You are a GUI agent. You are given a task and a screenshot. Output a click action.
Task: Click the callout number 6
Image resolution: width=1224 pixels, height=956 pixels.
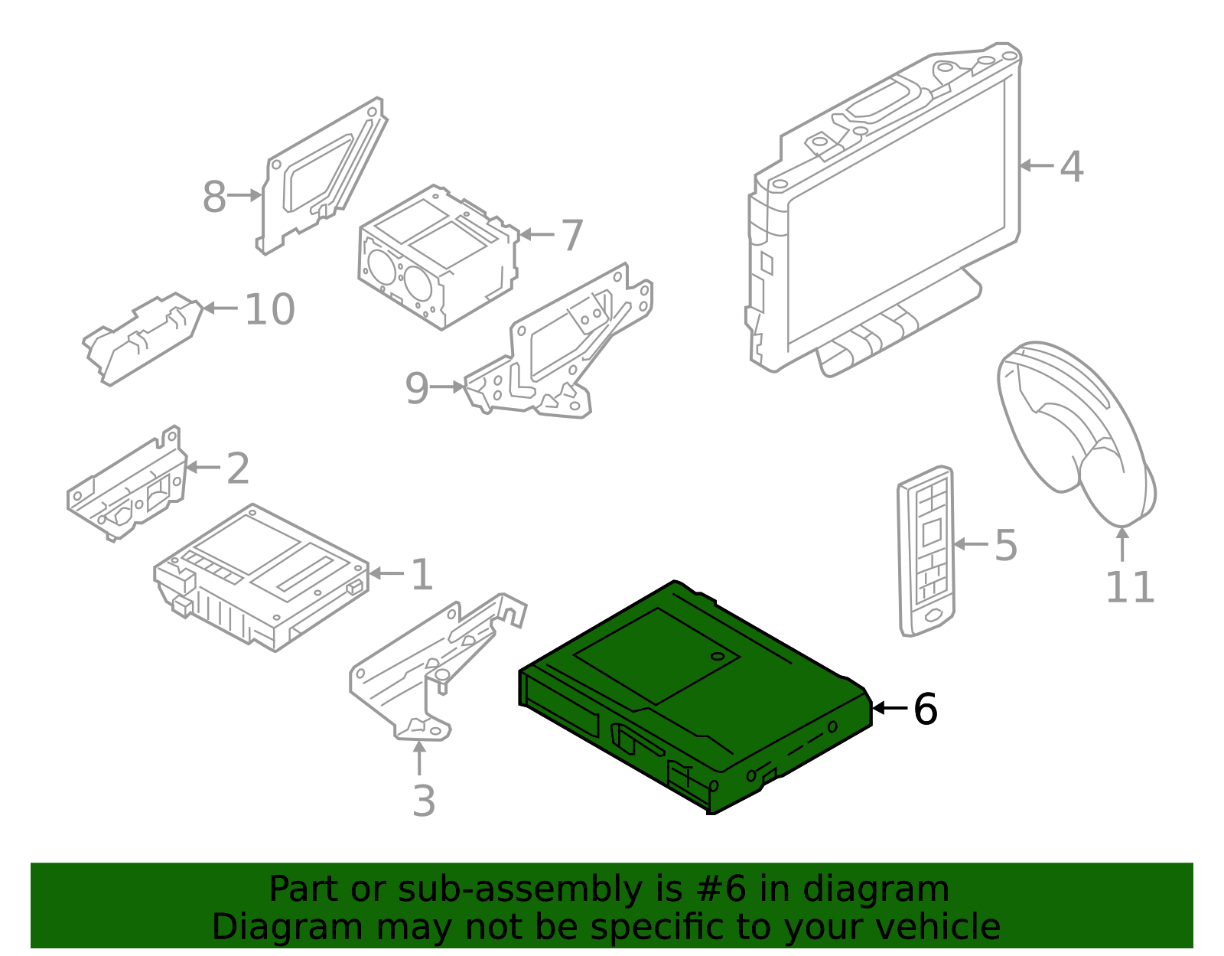(925, 709)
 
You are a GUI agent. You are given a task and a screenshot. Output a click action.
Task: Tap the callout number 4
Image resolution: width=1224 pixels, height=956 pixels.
(1071, 166)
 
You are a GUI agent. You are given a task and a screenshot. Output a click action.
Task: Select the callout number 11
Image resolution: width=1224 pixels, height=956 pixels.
(1129, 588)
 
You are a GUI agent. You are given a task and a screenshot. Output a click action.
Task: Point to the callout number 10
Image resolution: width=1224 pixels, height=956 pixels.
(269, 309)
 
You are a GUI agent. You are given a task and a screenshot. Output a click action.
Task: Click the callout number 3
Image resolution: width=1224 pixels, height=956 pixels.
(423, 801)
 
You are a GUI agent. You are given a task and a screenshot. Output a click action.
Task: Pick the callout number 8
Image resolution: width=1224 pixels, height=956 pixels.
(214, 197)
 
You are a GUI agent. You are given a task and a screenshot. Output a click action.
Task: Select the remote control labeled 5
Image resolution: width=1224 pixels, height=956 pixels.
(926, 551)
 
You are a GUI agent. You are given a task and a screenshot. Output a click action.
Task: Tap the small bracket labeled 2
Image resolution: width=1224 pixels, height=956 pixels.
(126, 486)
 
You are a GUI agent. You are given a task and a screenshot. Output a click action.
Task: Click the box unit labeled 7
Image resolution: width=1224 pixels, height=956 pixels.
(436, 256)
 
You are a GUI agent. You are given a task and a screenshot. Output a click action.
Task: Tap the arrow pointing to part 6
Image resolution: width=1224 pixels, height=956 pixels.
(889, 708)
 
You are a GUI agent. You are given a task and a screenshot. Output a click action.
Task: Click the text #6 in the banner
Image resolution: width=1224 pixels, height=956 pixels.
(721, 889)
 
